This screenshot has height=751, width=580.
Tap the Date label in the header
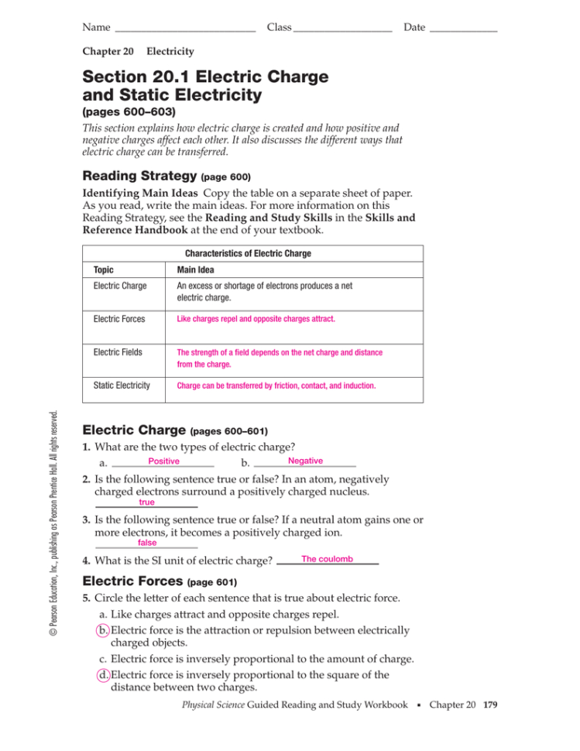click(x=414, y=28)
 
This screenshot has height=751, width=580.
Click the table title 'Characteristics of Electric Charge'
click(x=248, y=253)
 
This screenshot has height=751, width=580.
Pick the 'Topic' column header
click(x=103, y=271)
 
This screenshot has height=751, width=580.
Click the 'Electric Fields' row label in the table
click(x=118, y=352)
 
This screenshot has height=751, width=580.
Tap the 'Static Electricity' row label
click(x=122, y=385)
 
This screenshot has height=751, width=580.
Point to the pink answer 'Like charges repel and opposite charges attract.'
click(x=256, y=318)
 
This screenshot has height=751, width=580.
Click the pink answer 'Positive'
click(x=163, y=461)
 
